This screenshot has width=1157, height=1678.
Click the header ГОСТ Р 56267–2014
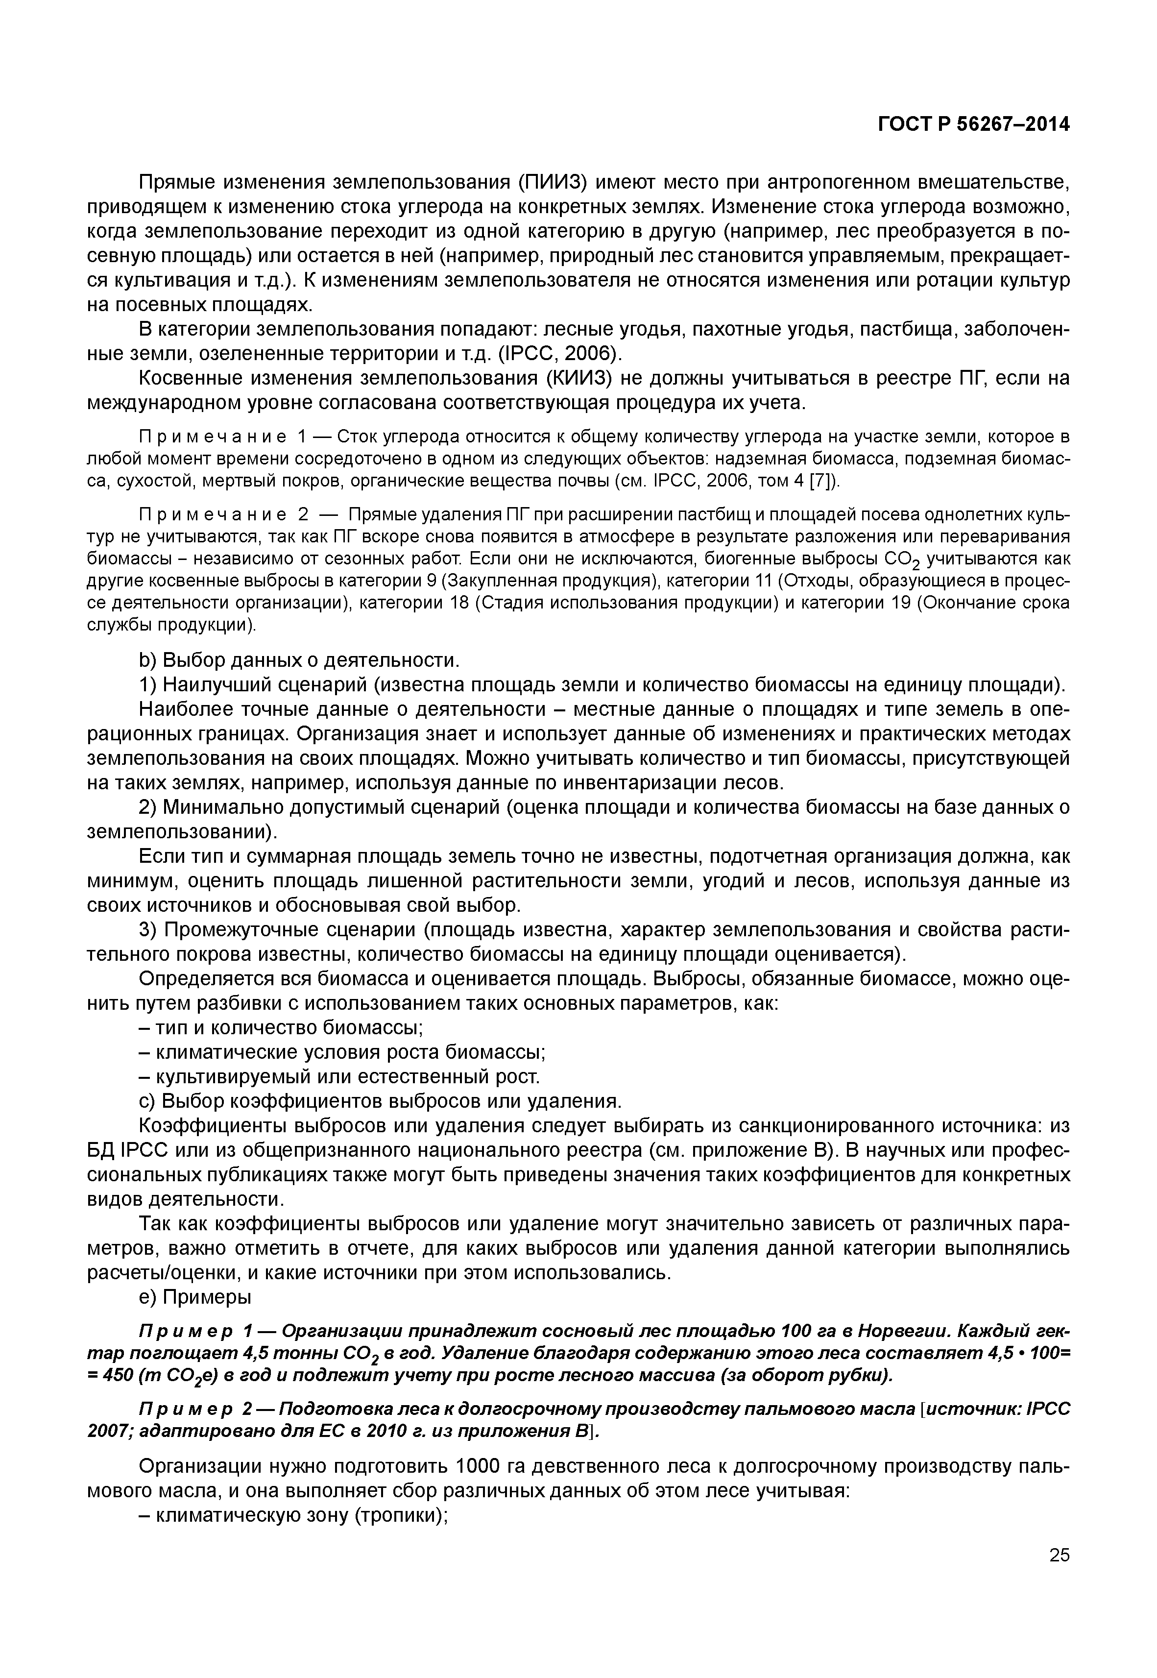coord(974,125)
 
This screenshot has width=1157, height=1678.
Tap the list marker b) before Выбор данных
coord(148,660)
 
